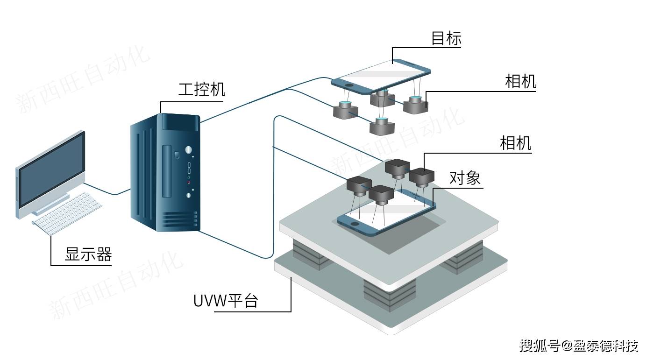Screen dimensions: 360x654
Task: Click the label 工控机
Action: tap(201, 89)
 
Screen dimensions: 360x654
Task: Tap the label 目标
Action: tap(446, 38)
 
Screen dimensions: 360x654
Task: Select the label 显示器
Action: tap(88, 254)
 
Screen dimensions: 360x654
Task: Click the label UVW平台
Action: tap(226, 301)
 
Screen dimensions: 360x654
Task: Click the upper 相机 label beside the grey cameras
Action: tap(520, 82)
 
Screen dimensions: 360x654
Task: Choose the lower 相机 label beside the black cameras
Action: tap(515, 143)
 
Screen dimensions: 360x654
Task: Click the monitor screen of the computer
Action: tap(51, 169)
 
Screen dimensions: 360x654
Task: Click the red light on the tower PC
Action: tap(189, 182)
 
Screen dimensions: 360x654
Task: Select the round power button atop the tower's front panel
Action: tap(188, 150)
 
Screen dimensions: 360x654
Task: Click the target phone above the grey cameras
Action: tap(381, 75)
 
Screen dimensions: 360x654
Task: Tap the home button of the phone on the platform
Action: tap(357, 225)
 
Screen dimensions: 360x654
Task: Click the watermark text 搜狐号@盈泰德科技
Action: tap(579, 346)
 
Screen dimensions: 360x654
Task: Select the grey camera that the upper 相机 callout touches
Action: tap(415, 106)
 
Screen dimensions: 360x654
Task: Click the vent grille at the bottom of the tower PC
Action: tap(180, 220)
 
